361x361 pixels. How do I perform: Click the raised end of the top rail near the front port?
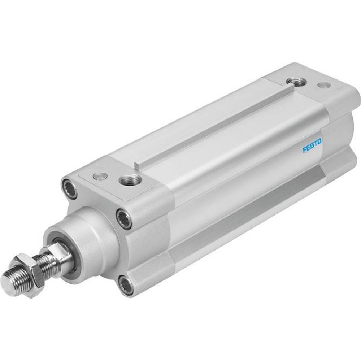point(138,166)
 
